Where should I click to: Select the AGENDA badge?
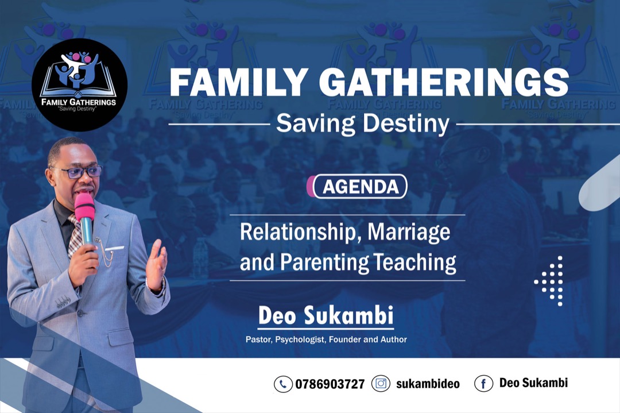click(x=357, y=186)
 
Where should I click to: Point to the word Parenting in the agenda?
click(x=324, y=263)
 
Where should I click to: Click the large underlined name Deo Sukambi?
click(x=326, y=316)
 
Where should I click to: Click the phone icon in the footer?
click(x=283, y=384)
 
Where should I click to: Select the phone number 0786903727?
click(x=330, y=384)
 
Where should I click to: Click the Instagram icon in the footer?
click(x=381, y=383)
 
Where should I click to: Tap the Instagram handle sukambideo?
click(x=428, y=384)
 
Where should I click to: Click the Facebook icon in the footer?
click(x=483, y=383)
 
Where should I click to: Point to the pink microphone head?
click(x=84, y=207)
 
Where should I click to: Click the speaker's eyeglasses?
click(x=78, y=172)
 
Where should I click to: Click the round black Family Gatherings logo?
click(x=79, y=84)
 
